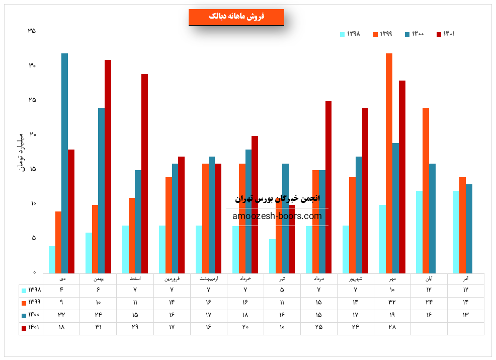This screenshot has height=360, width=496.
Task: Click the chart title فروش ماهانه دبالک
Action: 236,17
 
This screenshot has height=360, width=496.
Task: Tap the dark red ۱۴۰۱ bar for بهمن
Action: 108,166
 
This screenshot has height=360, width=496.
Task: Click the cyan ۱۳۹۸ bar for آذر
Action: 456,232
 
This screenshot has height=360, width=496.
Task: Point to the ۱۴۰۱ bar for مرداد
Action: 328,187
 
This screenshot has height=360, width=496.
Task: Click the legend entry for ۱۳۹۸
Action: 350,34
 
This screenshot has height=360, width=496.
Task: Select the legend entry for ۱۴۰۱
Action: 446,34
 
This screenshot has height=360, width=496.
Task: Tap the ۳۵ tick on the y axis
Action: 32,31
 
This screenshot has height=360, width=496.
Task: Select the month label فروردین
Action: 172,278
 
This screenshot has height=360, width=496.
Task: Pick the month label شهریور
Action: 356,278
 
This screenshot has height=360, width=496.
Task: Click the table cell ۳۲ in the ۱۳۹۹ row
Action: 392,302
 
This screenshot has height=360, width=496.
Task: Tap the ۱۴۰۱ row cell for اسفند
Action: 135,327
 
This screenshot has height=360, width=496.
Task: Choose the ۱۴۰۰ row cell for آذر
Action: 466,315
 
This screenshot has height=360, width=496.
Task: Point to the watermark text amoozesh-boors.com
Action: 277,216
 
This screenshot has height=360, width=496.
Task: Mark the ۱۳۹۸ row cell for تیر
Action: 282,290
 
